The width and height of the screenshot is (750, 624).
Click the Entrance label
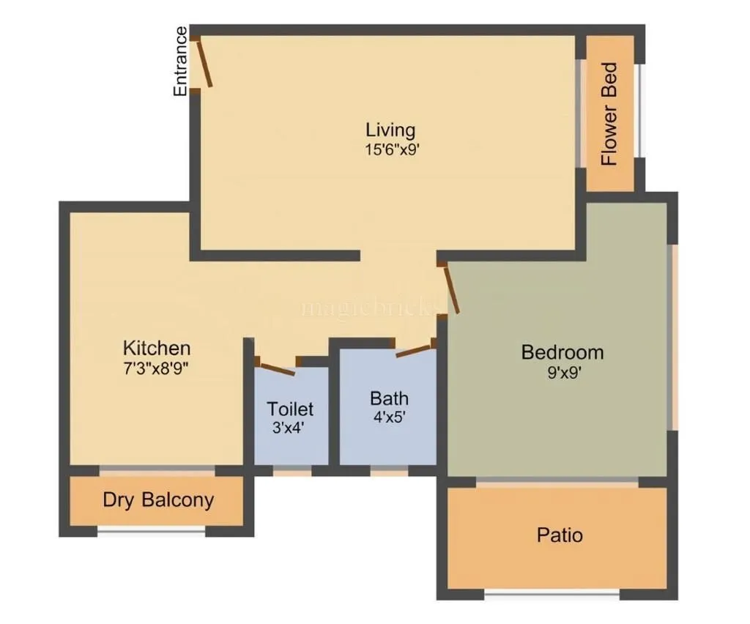point(180,61)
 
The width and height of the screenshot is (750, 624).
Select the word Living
point(390,130)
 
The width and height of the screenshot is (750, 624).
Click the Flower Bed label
point(609,114)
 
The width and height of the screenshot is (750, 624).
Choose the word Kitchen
point(157,347)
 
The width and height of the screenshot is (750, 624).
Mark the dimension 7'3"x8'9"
point(157,367)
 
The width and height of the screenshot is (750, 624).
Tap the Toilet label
point(290,408)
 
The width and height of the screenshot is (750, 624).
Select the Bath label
point(389,398)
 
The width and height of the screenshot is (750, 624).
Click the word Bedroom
point(562,352)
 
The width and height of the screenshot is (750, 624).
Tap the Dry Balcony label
point(158,500)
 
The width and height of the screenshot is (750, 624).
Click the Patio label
point(560,535)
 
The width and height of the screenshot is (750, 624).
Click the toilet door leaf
point(277,368)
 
